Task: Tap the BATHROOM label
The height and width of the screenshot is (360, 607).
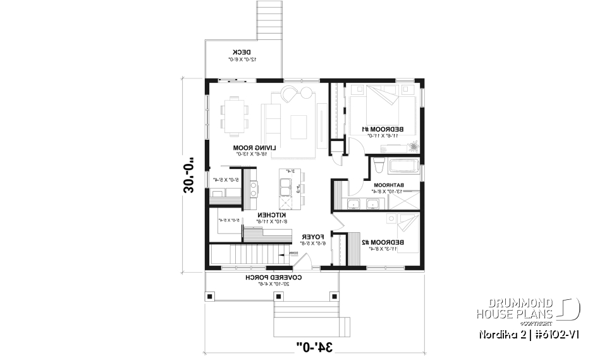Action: click(x=401, y=186)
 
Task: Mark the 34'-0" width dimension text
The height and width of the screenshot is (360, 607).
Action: click(x=316, y=346)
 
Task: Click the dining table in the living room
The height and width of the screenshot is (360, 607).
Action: click(x=235, y=115)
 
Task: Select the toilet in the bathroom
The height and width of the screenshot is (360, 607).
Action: click(x=378, y=166)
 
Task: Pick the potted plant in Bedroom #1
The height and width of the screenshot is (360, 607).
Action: click(x=413, y=146)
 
